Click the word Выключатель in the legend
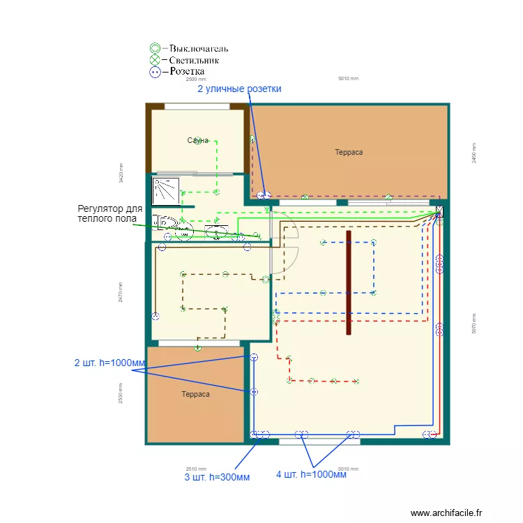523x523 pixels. [199, 49]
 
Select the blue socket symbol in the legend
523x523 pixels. [155, 71]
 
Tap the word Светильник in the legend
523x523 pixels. [195, 60]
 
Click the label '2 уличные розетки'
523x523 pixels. [239, 89]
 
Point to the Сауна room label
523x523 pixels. [198, 141]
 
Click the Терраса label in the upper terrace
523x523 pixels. [349, 152]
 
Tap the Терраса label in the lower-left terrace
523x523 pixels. [195, 394]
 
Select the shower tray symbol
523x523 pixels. [165, 188]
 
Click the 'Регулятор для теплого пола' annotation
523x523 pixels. [110, 213]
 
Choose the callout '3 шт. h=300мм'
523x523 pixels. [217, 477]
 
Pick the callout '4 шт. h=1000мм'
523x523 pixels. [311, 475]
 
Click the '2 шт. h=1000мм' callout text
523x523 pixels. [110, 363]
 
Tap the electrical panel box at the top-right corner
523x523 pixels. [439, 209]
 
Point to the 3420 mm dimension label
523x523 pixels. [121, 173]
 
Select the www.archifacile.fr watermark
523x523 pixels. [446, 513]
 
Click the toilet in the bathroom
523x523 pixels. [165, 222]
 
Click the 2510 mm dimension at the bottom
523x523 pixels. [196, 469]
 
